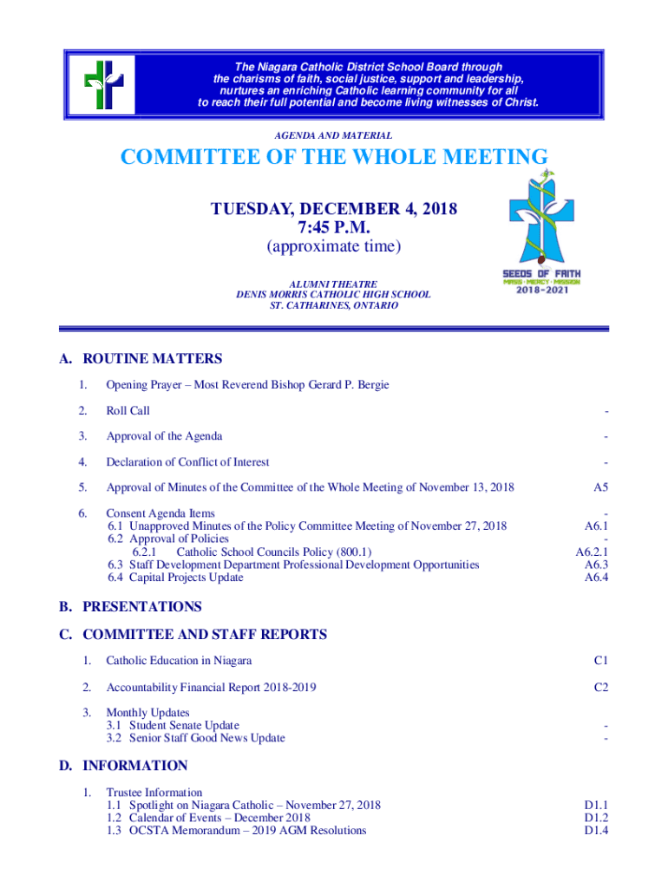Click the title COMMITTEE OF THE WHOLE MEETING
(x=334, y=158)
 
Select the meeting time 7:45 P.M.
(x=334, y=228)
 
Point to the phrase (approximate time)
(x=334, y=247)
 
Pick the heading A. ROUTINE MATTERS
(x=141, y=359)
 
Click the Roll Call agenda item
(x=128, y=411)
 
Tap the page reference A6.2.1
(x=593, y=552)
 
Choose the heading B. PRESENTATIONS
(x=130, y=607)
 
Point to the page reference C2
(x=600, y=688)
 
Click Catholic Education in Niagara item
(x=179, y=661)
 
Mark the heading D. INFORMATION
(x=123, y=766)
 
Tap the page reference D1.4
(x=596, y=831)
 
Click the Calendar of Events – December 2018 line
(x=208, y=818)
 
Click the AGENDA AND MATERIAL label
(x=333, y=135)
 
